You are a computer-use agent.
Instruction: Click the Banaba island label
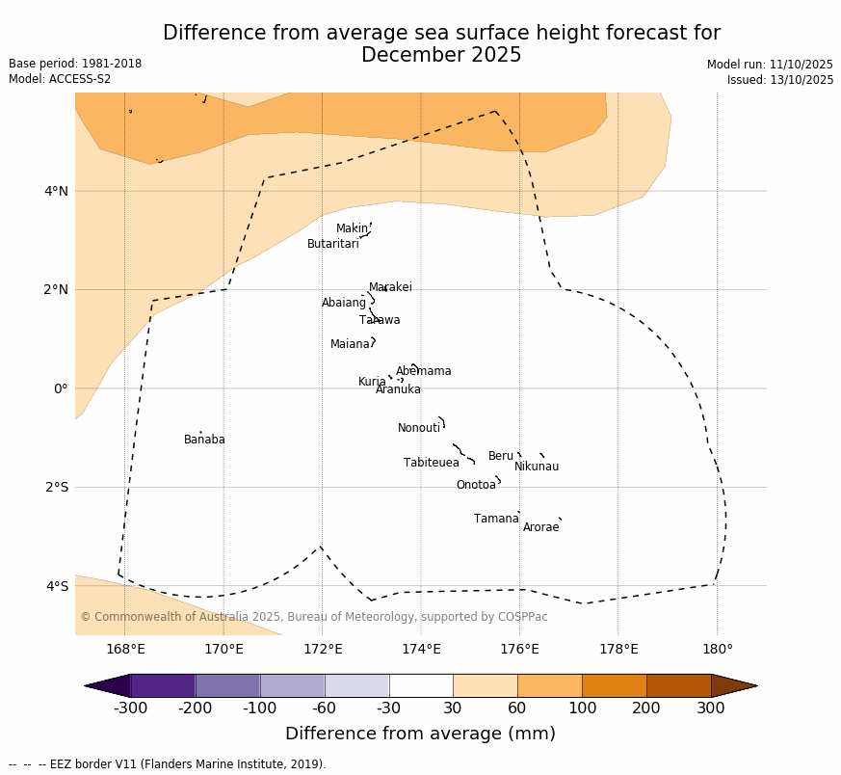pyautogui.click(x=204, y=440)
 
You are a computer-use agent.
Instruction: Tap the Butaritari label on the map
pyautogui.click(x=333, y=244)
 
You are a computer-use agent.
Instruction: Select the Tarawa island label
pyautogui.click(x=380, y=320)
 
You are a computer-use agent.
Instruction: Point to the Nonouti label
pyautogui.click(x=419, y=428)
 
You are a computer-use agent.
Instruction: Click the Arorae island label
pyautogui.click(x=540, y=527)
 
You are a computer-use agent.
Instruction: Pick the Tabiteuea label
pyautogui.click(x=432, y=463)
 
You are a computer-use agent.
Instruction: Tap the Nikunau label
pyautogui.click(x=537, y=467)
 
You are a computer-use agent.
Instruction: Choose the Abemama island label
pyautogui.click(x=423, y=371)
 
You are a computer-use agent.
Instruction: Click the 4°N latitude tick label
pyautogui.click(x=56, y=191)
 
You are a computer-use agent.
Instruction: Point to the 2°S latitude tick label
pyautogui.click(x=56, y=487)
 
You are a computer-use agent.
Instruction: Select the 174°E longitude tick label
pyautogui.click(x=421, y=649)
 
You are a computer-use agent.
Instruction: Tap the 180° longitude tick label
pyautogui.click(x=717, y=649)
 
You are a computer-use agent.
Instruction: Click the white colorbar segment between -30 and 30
pyautogui.click(x=421, y=685)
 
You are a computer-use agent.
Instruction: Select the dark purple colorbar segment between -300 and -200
pyautogui.click(x=163, y=685)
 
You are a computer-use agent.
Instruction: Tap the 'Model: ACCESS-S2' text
pyautogui.click(x=60, y=79)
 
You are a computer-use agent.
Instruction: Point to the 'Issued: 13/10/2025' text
pyautogui.click(x=780, y=80)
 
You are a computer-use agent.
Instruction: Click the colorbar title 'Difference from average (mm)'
pyautogui.click(x=420, y=734)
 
